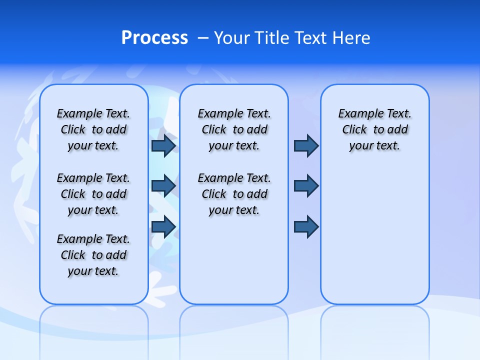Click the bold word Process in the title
point(154,38)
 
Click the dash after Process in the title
point(203,38)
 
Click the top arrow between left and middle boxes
point(163,145)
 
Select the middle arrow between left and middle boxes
point(163,186)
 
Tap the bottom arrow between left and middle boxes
point(163,227)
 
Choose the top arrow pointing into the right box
point(306,145)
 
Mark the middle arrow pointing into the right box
point(306,186)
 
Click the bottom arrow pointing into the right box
point(306,227)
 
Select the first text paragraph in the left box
point(93,129)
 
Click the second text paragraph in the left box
point(93,194)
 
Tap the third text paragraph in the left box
point(93,255)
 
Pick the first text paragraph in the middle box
point(234,129)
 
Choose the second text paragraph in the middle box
point(234,194)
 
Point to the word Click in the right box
point(354,129)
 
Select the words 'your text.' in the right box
point(374,145)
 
